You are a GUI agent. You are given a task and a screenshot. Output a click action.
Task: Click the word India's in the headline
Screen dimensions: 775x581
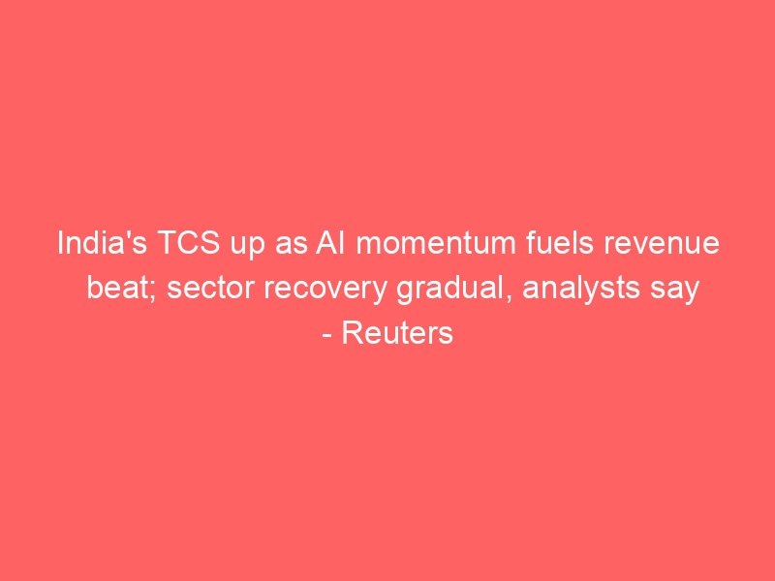point(103,243)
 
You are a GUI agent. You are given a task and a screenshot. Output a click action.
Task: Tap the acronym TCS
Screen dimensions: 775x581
point(189,243)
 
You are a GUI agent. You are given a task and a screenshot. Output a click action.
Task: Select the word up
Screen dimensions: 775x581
point(248,246)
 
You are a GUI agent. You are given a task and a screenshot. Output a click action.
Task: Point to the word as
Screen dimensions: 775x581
point(290,246)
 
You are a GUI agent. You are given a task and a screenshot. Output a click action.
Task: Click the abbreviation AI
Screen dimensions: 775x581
point(330,243)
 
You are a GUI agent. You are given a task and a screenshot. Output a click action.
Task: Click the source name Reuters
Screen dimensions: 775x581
point(397,333)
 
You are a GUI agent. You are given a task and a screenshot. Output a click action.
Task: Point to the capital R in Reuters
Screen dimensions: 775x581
point(352,332)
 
